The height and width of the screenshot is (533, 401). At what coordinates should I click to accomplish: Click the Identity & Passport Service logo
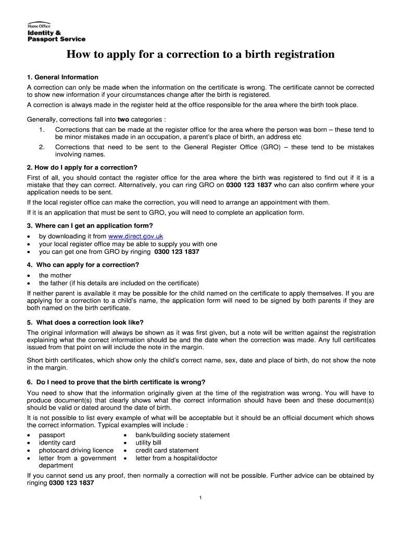(x=56, y=33)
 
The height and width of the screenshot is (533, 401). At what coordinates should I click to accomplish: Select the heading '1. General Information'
(x=62, y=77)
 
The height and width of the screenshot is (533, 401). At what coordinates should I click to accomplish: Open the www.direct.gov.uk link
(x=139, y=236)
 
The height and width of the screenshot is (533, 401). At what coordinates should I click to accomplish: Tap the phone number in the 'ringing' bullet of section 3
(x=177, y=252)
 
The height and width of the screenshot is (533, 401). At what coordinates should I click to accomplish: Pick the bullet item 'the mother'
(x=55, y=275)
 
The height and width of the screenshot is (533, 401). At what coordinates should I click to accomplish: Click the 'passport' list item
(x=52, y=435)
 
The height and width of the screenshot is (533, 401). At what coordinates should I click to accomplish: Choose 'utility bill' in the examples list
(x=148, y=443)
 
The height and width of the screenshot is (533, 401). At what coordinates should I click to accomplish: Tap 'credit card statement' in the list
(x=167, y=450)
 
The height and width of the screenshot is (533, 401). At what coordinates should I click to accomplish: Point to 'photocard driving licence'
(x=76, y=450)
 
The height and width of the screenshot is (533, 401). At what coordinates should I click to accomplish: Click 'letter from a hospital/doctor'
(x=177, y=458)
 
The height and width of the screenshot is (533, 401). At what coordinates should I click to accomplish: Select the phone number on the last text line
(x=71, y=483)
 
